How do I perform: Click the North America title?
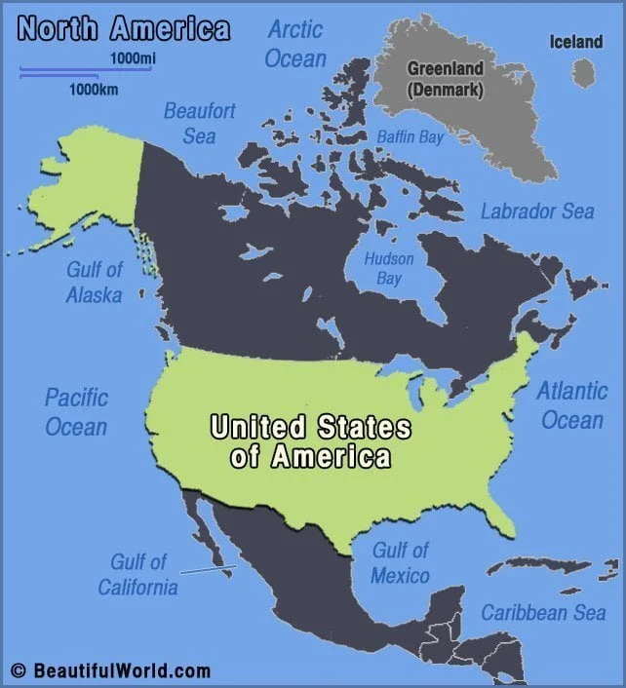pyautogui.click(x=124, y=28)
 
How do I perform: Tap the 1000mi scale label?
pyautogui.click(x=133, y=59)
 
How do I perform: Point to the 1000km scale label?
pyautogui.click(x=94, y=90)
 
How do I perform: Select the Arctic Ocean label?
pyautogui.click(x=295, y=43)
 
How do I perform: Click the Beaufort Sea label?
pyautogui.click(x=199, y=123)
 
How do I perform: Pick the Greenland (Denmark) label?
pyautogui.click(x=446, y=79)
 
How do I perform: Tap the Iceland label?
pyautogui.click(x=576, y=42)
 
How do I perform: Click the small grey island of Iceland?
pyautogui.click(x=583, y=73)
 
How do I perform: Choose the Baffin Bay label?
pyautogui.click(x=411, y=137)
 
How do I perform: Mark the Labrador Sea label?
pyautogui.click(x=536, y=211)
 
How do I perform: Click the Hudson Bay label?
pyautogui.click(x=388, y=269)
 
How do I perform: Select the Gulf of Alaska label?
pyautogui.click(x=94, y=281)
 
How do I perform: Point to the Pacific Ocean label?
pyautogui.click(x=76, y=411)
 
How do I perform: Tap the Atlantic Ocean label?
pyautogui.click(x=572, y=405)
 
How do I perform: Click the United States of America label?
pyautogui.click(x=310, y=441)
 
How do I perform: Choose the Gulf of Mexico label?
pyautogui.click(x=400, y=563)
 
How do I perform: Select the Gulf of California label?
pyautogui.click(x=137, y=575)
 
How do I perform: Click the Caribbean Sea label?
pyautogui.click(x=543, y=613)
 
